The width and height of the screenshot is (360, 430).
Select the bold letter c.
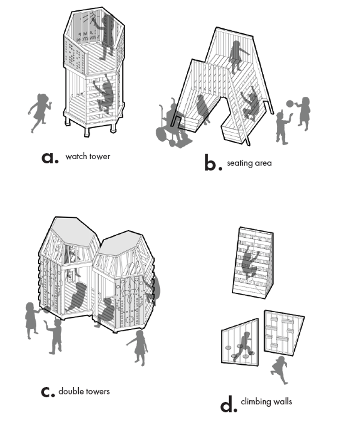(x=48, y=391)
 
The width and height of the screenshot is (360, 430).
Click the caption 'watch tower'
(x=88, y=157)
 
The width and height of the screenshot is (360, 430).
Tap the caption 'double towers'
(x=84, y=391)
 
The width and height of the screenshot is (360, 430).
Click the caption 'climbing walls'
(x=266, y=401)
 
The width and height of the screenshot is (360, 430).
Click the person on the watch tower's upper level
(x=107, y=36)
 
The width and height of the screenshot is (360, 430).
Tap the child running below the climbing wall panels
(x=279, y=369)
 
